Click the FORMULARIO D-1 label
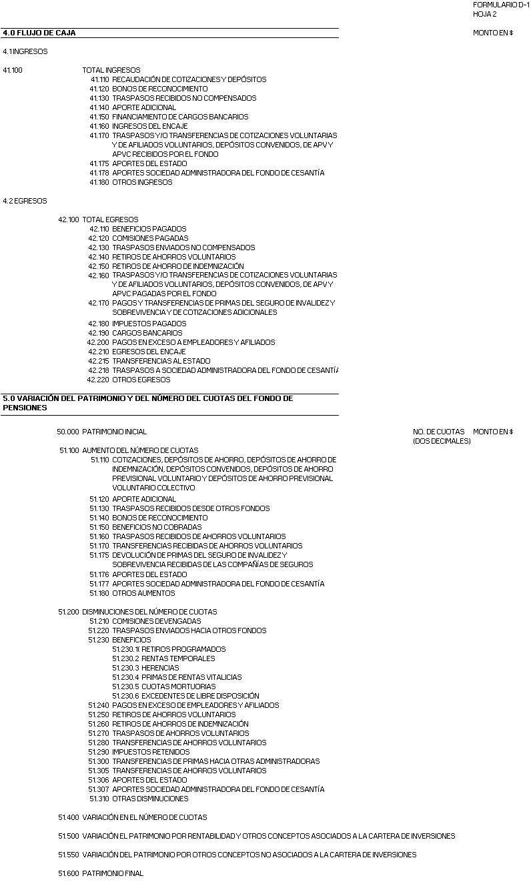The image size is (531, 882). pos(501,5)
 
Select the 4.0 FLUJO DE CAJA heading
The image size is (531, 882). pos(39,33)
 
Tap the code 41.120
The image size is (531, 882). pos(99,89)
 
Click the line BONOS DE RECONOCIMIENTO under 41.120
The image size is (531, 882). pos(159,89)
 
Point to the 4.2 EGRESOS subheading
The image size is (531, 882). pos(25,201)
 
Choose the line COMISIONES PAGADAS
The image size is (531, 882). pos(150,238)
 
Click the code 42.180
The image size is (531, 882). pos(98,324)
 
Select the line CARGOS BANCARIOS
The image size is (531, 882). pos(147,333)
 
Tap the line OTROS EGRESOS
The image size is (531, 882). pos(141,380)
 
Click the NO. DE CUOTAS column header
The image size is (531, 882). pos(438,432)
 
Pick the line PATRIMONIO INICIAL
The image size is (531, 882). pos(114,432)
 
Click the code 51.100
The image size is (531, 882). pos(69,450)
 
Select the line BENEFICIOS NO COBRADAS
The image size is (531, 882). pos(156,527)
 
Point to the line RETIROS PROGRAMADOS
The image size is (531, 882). pos(183,649)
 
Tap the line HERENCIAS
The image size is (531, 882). pos(160,668)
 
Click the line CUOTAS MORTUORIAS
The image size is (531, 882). pos(178,687)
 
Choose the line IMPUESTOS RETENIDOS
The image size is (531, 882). pos(151,752)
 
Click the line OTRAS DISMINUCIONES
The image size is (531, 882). pos(150,799)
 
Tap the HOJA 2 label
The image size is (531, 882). pos(484,14)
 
